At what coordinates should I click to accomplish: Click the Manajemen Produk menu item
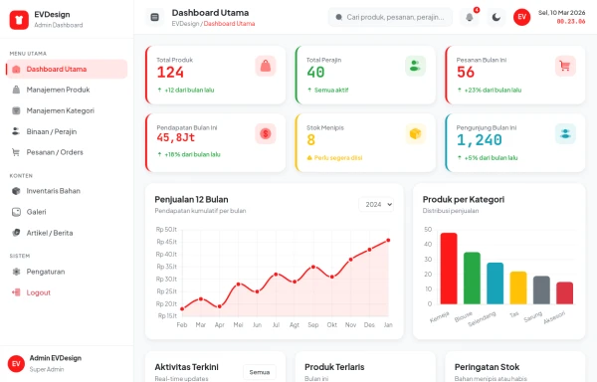[x=65, y=90]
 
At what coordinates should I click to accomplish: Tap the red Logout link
[x=38, y=292]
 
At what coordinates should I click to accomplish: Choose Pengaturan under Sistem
[x=45, y=271]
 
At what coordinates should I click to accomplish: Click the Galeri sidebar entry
[x=36, y=211]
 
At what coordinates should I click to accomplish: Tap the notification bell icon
[x=470, y=17]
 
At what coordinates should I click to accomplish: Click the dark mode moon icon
[x=496, y=17]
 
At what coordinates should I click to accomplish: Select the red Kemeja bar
[x=448, y=269]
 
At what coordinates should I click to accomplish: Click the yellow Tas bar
[x=517, y=287]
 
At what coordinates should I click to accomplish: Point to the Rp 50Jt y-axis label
[x=166, y=229]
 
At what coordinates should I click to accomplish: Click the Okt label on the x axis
[x=331, y=324]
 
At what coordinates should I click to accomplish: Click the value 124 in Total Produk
[x=170, y=73]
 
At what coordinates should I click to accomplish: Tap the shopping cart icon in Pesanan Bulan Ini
[x=565, y=67]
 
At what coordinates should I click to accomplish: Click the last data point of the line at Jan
[x=388, y=240]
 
